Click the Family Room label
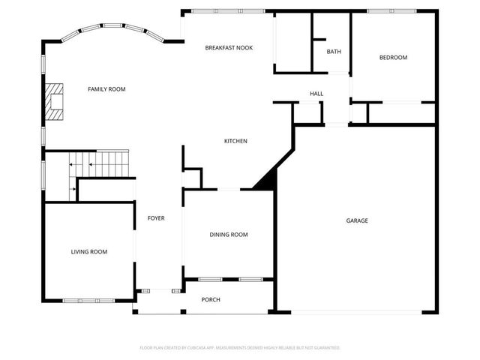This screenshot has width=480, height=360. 106,89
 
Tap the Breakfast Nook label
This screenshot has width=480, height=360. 229,48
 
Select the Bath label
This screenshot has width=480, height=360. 334,52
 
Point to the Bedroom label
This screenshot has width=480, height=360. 393,58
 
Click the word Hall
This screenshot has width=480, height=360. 316,94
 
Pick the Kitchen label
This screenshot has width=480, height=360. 235,141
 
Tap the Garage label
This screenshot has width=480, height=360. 357,220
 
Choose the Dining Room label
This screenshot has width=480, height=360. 228,235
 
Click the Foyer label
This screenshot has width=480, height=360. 156,218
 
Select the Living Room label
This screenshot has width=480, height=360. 89,252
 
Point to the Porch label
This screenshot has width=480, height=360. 211,300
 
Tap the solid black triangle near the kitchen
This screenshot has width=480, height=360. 267,181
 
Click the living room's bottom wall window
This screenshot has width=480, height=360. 89,301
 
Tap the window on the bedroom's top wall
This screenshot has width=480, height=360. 392,10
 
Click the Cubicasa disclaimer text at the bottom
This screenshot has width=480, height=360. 240,348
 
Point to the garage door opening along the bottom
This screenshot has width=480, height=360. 357,312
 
